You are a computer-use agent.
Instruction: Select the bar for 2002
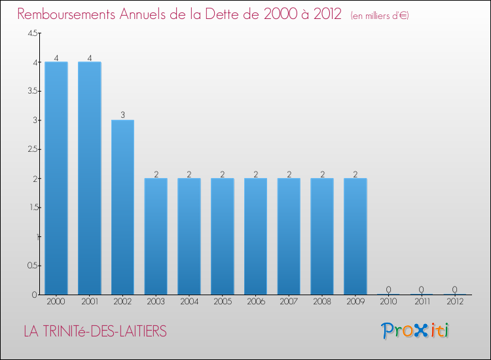click(x=122, y=207)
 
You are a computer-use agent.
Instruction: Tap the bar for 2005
click(x=222, y=236)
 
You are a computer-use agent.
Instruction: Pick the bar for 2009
click(x=355, y=236)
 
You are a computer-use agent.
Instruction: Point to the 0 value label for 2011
click(x=422, y=290)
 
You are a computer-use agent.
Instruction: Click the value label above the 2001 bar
click(x=90, y=58)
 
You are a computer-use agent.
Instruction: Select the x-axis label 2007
click(x=289, y=302)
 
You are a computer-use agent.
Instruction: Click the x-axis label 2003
click(x=156, y=302)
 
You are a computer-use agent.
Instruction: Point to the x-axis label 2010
click(x=388, y=302)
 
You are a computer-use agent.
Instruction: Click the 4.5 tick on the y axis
click(x=32, y=34)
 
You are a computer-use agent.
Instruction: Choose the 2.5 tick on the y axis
click(x=32, y=150)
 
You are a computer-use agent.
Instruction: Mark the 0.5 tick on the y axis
click(x=32, y=266)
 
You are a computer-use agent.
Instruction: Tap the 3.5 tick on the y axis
click(x=32, y=92)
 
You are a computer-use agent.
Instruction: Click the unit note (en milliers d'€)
click(x=380, y=16)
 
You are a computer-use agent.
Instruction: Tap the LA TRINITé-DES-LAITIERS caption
click(x=95, y=332)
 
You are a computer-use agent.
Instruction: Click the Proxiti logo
click(x=414, y=331)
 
